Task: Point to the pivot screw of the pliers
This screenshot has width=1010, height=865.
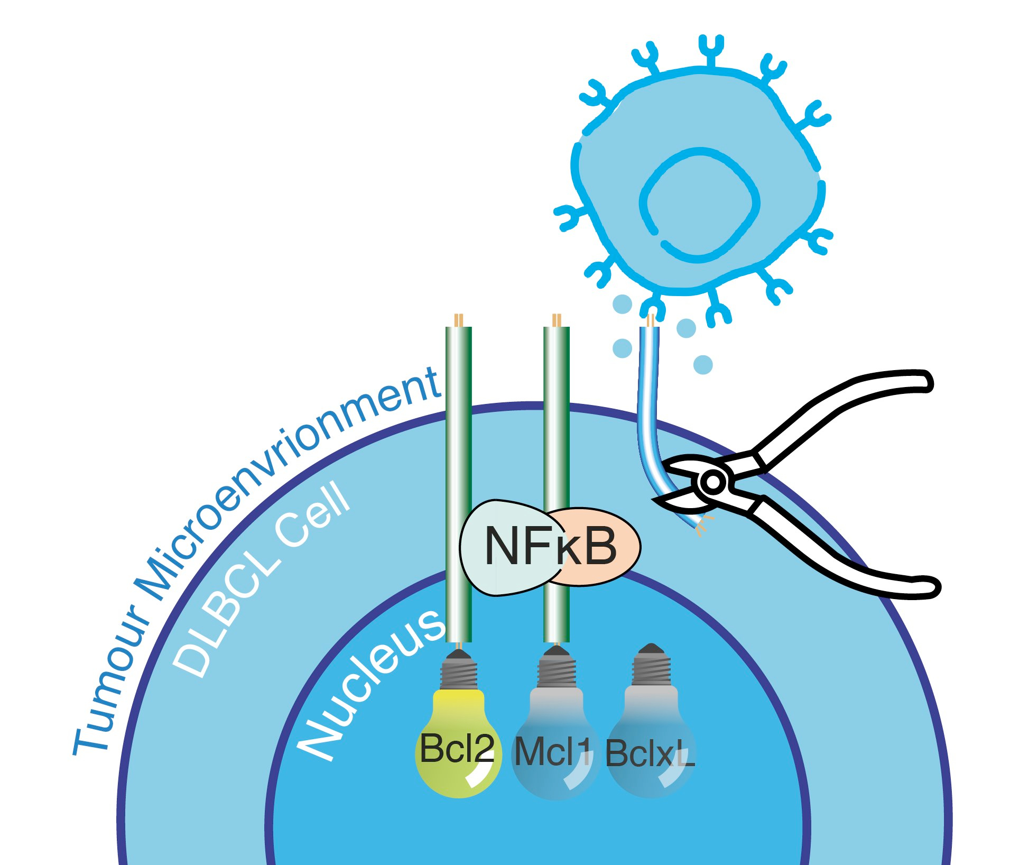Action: click(x=712, y=482)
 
